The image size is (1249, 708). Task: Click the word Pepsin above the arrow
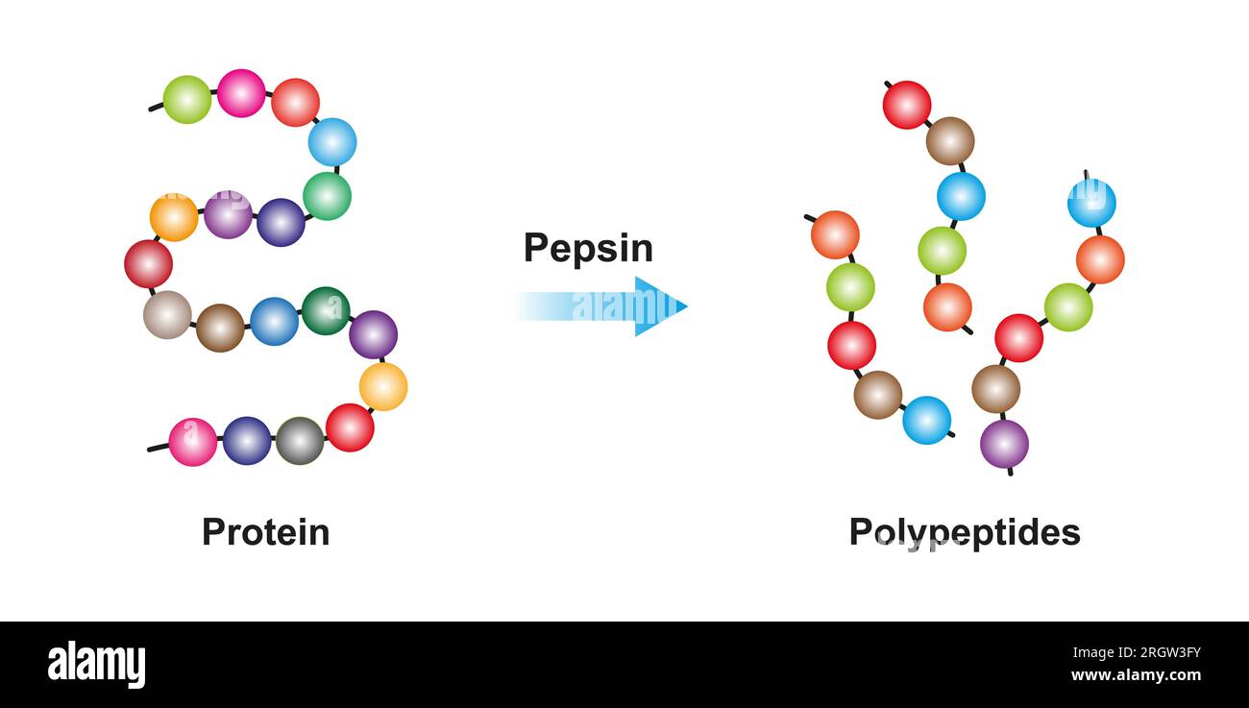[588, 248]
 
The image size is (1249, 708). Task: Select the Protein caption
[265, 531]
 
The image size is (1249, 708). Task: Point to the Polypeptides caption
[964, 531]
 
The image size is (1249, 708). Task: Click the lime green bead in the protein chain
[187, 99]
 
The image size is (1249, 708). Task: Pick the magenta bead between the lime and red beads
[241, 93]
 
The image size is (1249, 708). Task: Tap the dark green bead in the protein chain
[326, 310]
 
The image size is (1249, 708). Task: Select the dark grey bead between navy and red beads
[300, 441]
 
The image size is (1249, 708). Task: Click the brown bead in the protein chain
[220, 328]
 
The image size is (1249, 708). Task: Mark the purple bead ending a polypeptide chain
[1004, 444]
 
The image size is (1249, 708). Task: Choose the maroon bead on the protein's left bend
[148, 264]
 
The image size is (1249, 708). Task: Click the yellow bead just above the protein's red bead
[383, 386]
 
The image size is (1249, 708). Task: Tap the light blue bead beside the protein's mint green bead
[332, 142]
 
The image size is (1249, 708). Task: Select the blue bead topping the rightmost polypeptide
[1091, 203]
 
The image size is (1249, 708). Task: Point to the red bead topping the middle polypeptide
[907, 105]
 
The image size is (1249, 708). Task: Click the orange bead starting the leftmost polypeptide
[835, 235]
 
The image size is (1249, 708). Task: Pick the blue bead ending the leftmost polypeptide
[927, 420]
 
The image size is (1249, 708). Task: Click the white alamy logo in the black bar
[97, 665]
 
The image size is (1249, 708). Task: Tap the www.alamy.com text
[1136, 676]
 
